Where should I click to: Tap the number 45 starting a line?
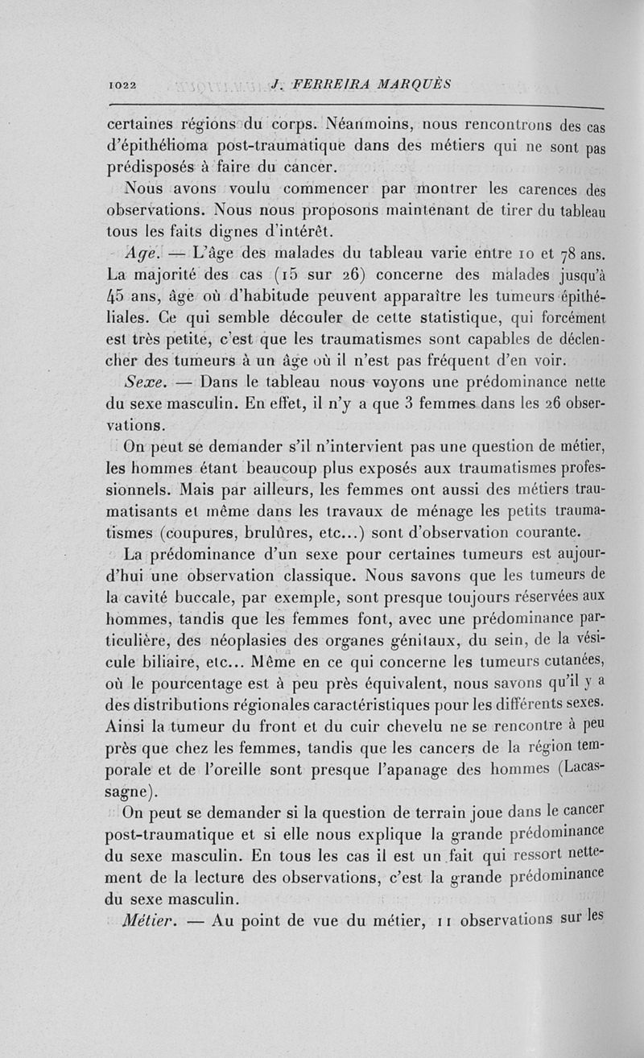click(119, 296)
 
